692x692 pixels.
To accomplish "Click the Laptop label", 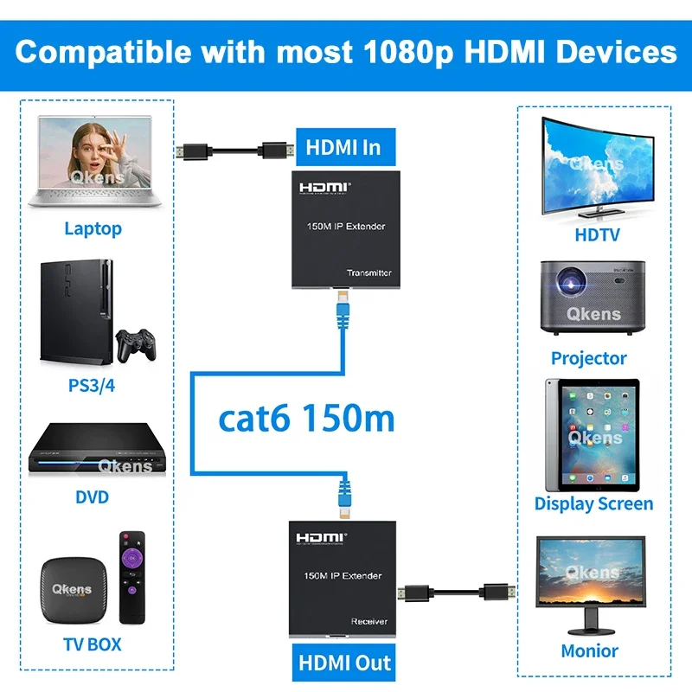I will coord(93,229).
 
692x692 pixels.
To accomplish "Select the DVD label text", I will coord(92,497).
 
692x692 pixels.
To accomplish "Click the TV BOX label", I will coord(92,644).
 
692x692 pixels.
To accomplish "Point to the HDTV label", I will coord(597,234).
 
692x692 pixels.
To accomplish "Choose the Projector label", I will coord(588,357).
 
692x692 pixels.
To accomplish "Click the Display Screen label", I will coord(593,503).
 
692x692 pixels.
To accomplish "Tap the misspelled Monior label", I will coord(589,650).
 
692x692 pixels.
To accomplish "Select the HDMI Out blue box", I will coord(344,663).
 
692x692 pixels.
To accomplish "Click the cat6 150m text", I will coord(306,419).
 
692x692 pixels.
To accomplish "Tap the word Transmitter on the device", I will coord(368,272).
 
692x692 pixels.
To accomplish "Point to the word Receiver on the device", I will coord(368,621).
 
